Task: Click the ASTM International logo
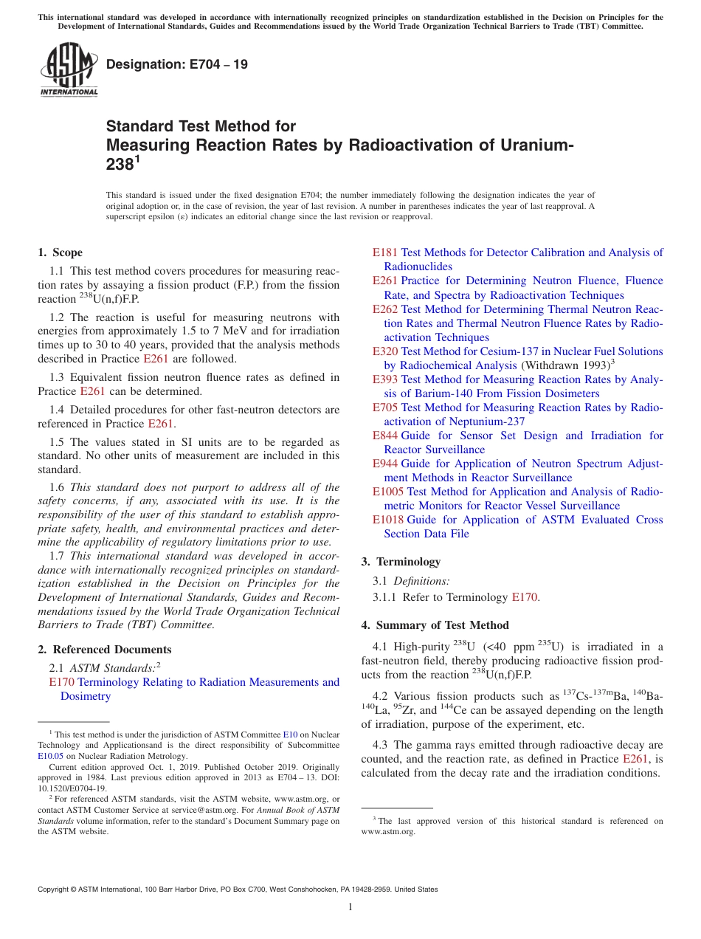(x=69, y=70)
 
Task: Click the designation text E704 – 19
(x=177, y=65)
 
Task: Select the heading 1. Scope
(x=61, y=252)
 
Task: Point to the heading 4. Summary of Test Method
(x=435, y=625)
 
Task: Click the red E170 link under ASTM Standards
(x=61, y=682)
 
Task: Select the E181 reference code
(x=385, y=252)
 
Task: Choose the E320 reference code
(x=385, y=351)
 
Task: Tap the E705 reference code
(x=385, y=407)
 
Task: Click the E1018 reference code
(x=388, y=520)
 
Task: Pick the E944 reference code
(x=385, y=464)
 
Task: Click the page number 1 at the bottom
(x=350, y=907)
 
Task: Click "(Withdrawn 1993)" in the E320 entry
(x=565, y=365)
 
